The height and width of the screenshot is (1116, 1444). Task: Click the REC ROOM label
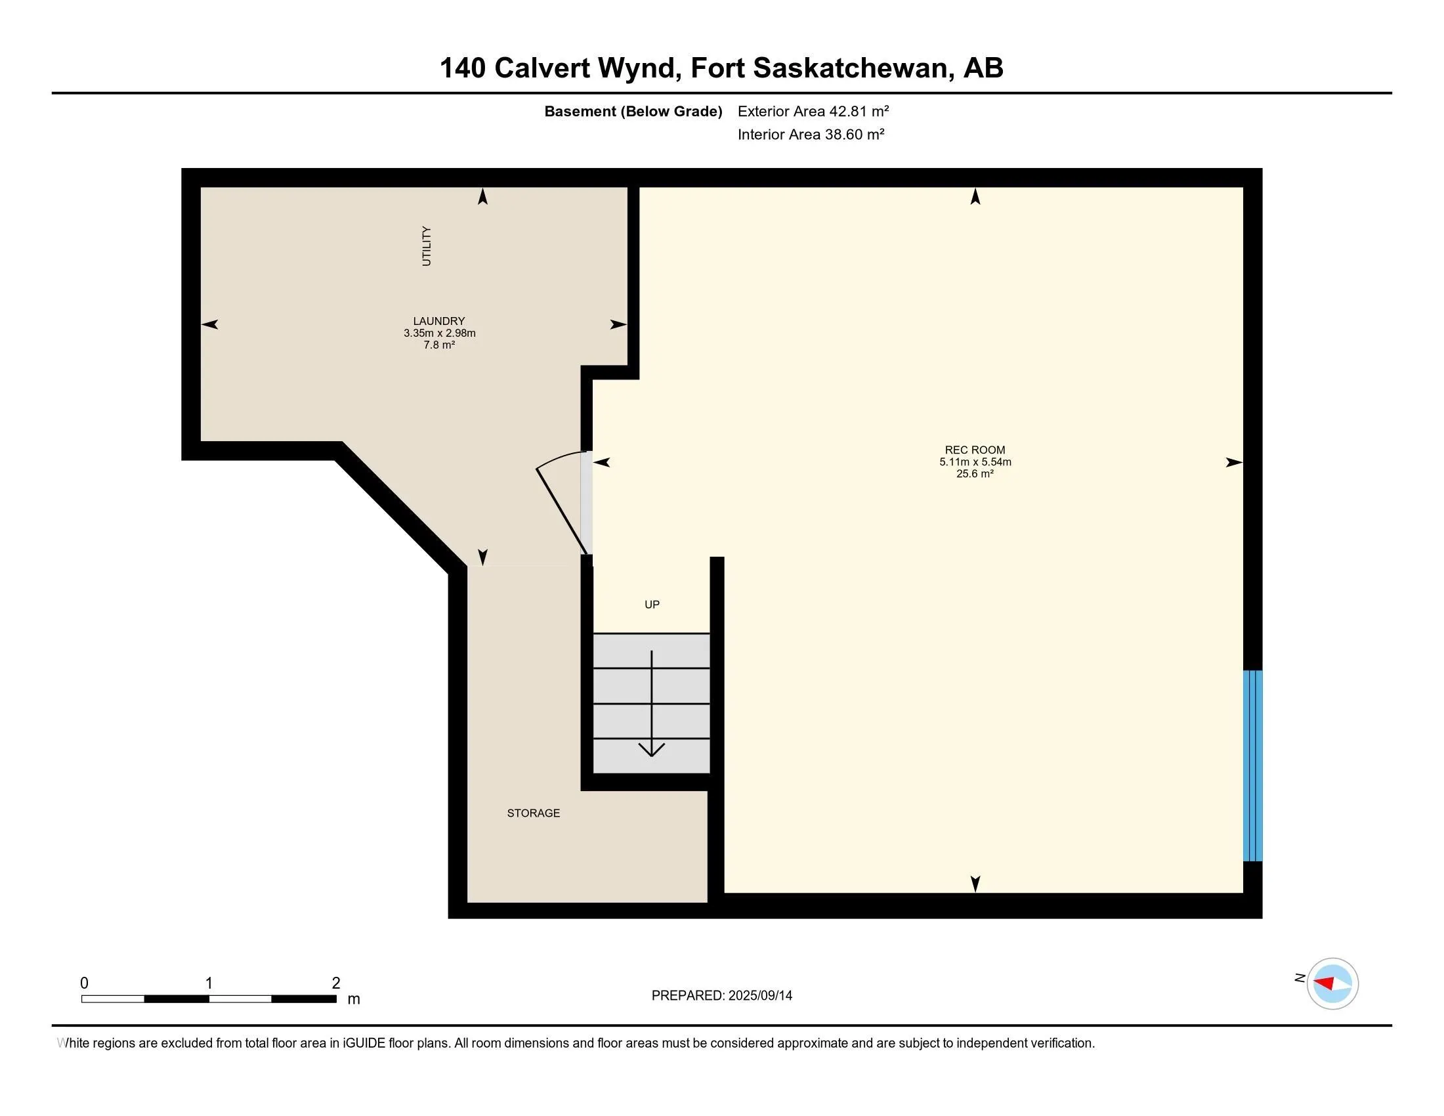coord(975,450)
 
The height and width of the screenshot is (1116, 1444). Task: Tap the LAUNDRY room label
coord(439,320)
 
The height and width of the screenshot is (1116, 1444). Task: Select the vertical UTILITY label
coord(427,246)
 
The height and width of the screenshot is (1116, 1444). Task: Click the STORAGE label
coord(533,813)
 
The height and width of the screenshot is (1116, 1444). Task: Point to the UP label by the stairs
coord(652,604)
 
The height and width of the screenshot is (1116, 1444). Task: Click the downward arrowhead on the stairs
coord(651,750)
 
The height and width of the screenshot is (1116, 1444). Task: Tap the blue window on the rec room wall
coord(1252,765)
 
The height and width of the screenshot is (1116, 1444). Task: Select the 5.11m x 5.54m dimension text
coord(975,462)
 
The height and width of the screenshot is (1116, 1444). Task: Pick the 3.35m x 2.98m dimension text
coord(439,333)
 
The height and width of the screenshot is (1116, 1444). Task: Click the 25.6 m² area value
coord(975,474)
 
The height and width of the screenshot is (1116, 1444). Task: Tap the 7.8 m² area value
coord(439,345)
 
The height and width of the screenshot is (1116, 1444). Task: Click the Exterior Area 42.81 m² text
coord(813,111)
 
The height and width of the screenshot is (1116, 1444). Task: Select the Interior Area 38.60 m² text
coord(811,134)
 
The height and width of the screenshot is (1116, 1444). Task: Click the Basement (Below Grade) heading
coord(633,111)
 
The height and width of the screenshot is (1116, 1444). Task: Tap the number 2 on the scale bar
coord(336,983)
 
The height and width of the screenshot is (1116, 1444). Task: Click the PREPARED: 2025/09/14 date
coord(721,995)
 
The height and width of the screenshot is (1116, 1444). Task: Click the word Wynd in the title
coord(639,68)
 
